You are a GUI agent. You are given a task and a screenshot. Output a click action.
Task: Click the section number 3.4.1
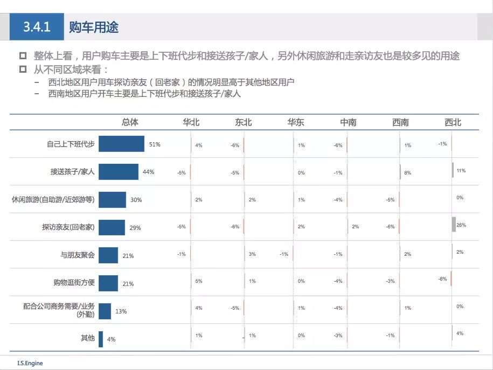tap(36, 27)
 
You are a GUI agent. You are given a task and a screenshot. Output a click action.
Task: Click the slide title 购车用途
tap(94, 27)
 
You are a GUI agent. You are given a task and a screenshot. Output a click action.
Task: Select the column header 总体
tap(130, 122)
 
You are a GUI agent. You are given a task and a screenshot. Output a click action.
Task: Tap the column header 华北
tap(191, 122)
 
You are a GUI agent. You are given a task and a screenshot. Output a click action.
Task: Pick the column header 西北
tap(453, 122)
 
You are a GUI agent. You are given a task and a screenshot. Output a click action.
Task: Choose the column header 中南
tap(348, 122)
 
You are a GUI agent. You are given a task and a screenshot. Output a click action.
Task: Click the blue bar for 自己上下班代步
tap(121, 144)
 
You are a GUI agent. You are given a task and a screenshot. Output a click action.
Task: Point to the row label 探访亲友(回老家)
tap(68, 227)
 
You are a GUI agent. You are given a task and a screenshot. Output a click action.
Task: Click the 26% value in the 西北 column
tap(461, 225)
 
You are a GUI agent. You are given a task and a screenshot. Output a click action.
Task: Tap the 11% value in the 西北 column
tap(461, 170)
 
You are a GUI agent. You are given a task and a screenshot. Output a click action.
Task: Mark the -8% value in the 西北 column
tap(442, 279)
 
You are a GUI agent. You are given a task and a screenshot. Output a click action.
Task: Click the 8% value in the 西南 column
tap(408, 173)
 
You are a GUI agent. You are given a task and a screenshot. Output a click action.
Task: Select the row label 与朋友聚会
tap(77, 255)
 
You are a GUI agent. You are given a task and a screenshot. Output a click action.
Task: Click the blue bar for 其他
tap(101, 339)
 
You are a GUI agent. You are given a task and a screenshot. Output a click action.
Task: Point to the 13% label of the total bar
tap(121, 311)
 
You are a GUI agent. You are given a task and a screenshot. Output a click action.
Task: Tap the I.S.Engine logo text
tap(30, 363)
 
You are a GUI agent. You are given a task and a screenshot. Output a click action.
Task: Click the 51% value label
tap(155, 144)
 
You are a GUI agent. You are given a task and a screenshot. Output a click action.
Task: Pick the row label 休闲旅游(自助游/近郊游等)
tap(53, 200)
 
